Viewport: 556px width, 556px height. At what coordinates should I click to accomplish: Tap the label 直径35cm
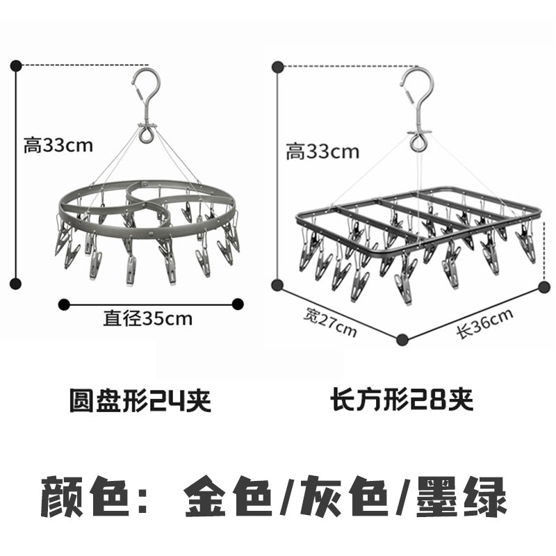tap(148, 318)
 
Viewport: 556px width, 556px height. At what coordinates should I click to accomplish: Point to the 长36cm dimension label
tap(484, 322)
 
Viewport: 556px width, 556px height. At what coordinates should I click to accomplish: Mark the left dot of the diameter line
tap(65, 303)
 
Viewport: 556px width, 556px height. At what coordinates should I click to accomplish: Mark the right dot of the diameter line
tap(238, 303)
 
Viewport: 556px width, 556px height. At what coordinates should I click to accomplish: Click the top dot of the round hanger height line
tap(17, 66)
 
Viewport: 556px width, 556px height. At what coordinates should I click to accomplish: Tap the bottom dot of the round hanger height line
tap(17, 283)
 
